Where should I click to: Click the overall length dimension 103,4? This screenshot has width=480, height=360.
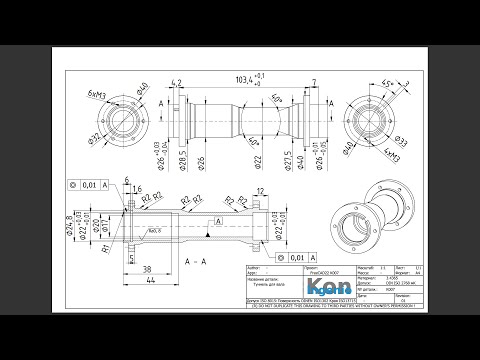(247, 77)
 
